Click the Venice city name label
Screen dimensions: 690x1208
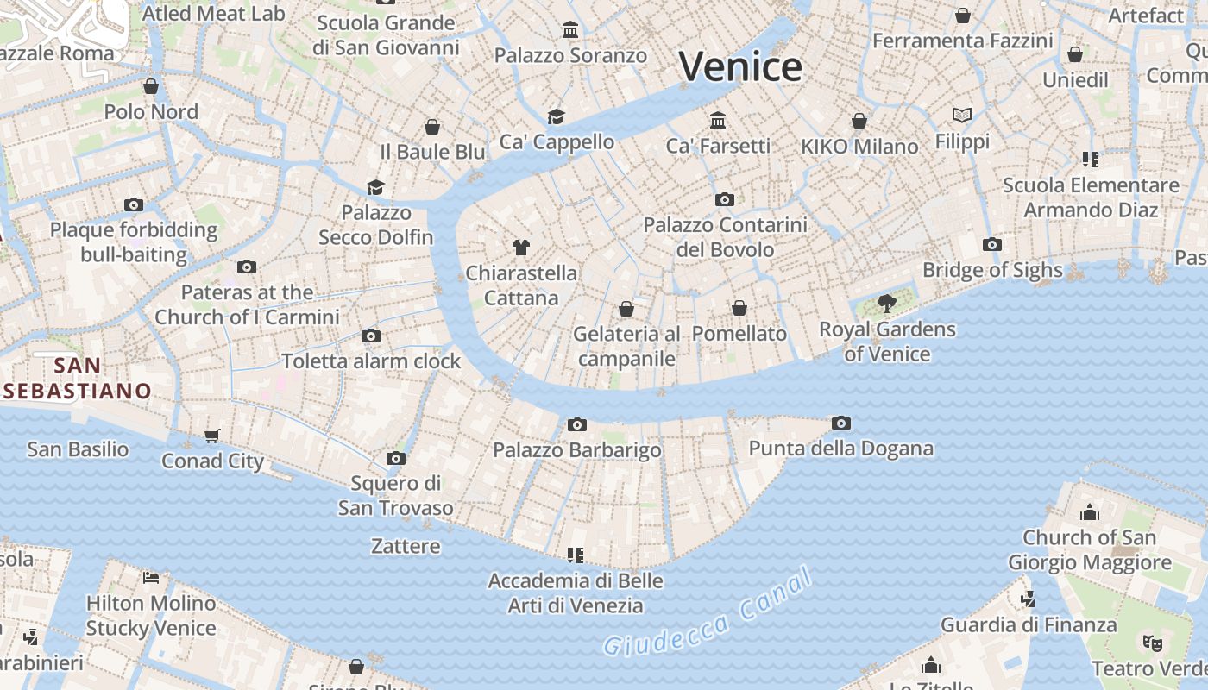pos(741,67)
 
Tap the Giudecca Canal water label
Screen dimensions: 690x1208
pos(708,613)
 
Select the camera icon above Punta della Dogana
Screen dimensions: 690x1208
pos(841,423)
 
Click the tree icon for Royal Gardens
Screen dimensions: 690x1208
pos(886,303)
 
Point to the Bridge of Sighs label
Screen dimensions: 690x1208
pos(992,270)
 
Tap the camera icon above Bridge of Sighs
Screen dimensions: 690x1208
pos(992,244)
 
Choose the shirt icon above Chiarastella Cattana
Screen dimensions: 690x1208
pos(520,248)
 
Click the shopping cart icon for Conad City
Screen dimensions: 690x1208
pos(212,436)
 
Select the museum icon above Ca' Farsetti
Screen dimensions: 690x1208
pos(718,119)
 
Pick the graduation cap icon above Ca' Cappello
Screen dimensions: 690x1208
pos(557,116)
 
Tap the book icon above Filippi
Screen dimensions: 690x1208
pos(962,115)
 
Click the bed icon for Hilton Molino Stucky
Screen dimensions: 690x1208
pos(151,577)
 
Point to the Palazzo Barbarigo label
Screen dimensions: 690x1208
pos(577,450)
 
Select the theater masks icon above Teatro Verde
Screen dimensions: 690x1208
pos(1151,643)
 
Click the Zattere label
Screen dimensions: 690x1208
pos(406,546)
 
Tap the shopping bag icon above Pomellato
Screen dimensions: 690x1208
pos(739,308)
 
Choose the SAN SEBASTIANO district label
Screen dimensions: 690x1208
pos(78,378)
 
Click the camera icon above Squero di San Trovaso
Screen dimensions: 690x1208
pos(396,458)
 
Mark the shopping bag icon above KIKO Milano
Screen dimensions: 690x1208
pos(859,121)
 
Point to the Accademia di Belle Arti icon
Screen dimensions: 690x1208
pos(576,555)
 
